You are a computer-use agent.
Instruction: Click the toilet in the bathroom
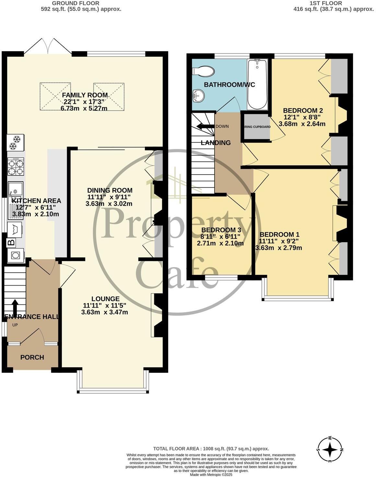pos(204,71)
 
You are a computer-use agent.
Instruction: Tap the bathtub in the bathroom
pos(257,84)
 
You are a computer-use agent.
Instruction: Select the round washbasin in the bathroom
pos(198,95)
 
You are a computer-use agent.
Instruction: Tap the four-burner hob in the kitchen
pos(16,167)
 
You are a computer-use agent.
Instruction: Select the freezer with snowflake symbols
pos(15,143)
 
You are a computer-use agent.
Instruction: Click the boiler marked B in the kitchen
pos(11,242)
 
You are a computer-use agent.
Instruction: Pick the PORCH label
pos(32,357)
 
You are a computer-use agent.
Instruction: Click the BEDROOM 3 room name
pos(221,230)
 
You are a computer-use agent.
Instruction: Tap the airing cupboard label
pos(257,127)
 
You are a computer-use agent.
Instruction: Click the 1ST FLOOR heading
pos(326,3)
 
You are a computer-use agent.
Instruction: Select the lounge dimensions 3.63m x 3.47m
pos(104,312)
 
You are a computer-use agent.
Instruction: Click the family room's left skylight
pos(55,97)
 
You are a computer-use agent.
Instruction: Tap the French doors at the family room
pos(48,46)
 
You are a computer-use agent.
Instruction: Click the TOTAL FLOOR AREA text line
pos(211,449)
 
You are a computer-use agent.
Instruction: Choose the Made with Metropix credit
pos(211,475)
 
